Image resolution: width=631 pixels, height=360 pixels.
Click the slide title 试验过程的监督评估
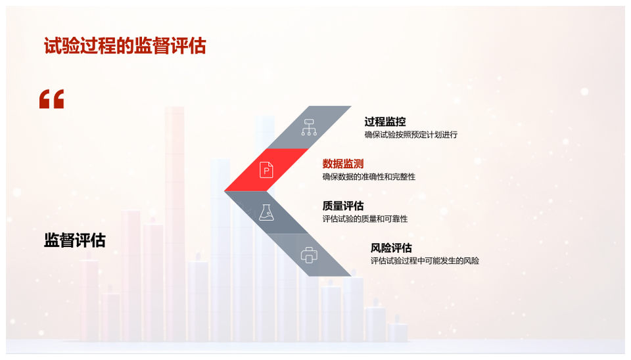tap(125, 46)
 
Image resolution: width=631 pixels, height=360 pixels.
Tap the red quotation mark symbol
tap(51, 99)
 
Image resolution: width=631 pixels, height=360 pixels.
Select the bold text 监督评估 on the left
tap(75, 240)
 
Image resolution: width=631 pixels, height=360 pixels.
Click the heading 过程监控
tap(385, 122)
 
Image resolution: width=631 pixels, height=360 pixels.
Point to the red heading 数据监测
tap(343, 164)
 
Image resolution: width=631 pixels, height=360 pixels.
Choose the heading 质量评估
tap(343, 206)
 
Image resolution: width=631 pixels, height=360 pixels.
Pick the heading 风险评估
tap(391, 248)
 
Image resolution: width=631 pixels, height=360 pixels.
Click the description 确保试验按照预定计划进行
tap(411, 135)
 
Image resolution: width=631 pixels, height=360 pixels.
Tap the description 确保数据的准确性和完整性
tap(369, 177)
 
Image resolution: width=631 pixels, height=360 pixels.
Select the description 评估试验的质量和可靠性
tap(365, 219)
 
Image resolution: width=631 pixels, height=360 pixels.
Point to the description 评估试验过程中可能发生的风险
tap(425, 261)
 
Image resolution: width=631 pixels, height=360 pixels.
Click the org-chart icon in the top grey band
tap(309, 127)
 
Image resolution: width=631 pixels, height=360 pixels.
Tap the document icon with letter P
tap(266, 169)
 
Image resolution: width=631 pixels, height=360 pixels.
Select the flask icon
tap(266, 212)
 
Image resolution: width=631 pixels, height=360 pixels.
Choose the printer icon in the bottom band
tap(309, 255)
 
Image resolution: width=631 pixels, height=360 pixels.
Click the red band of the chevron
tap(266, 169)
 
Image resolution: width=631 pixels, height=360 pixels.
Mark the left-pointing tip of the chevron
tap(225, 191)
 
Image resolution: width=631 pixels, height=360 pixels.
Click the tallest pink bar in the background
tap(174, 223)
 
